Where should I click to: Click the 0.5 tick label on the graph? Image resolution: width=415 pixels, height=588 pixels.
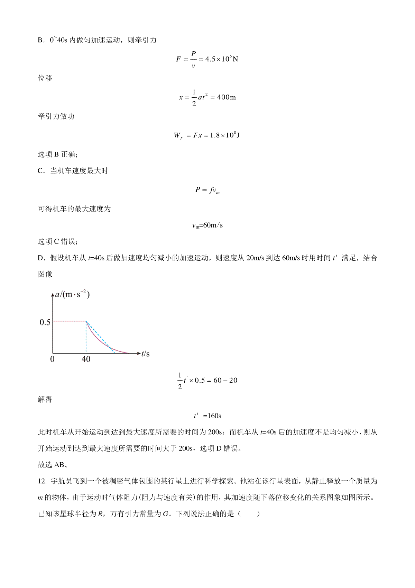point(45,322)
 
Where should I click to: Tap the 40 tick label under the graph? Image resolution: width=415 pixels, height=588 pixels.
point(86,359)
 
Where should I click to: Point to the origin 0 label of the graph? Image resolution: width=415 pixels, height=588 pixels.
point(52,359)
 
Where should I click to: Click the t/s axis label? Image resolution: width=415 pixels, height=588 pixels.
point(146,354)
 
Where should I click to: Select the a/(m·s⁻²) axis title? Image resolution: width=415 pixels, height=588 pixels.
point(73,295)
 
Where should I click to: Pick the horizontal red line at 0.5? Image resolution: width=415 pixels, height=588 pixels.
point(69,322)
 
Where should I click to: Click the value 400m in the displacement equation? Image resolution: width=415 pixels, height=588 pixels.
point(226,97)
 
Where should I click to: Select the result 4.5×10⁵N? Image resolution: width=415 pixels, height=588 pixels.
point(222,59)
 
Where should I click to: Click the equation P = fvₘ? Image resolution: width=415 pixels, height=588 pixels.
point(207,190)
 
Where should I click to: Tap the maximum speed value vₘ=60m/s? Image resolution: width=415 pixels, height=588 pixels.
point(207,225)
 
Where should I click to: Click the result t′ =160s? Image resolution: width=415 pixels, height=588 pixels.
point(207,416)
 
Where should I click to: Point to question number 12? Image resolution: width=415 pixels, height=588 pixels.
point(42,481)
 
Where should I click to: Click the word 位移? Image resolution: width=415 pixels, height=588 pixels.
point(45,78)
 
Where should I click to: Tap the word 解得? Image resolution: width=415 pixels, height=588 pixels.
point(45,400)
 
